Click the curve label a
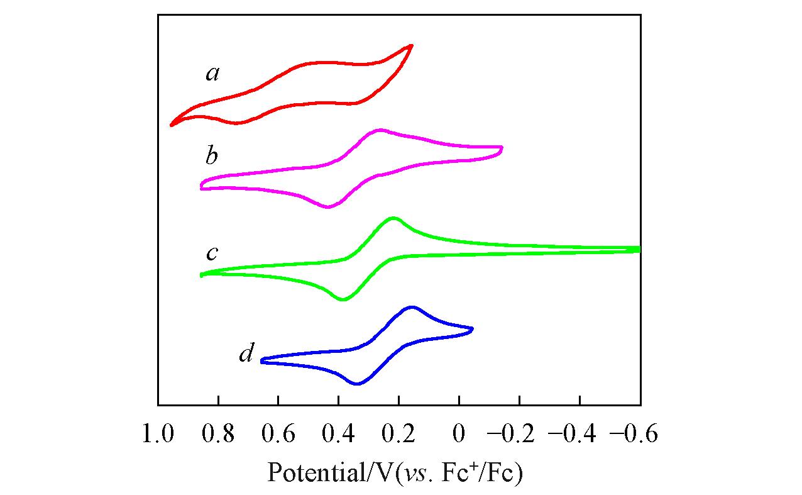(x=212, y=75)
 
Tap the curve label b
(x=212, y=155)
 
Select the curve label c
(x=212, y=253)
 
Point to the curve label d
(x=246, y=355)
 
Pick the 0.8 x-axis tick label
(x=218, y=434)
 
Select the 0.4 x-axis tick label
(x=339, y=434)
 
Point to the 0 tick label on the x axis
(x=459, y=434)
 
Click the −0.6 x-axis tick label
(x=634, y=434)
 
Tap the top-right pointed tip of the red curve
(x=412, y=45)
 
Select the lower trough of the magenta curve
(x=328, y=207)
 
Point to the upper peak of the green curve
(x=393, y=218)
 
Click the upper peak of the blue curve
(x=412, y=307)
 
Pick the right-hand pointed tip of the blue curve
(x=472, y=328)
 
